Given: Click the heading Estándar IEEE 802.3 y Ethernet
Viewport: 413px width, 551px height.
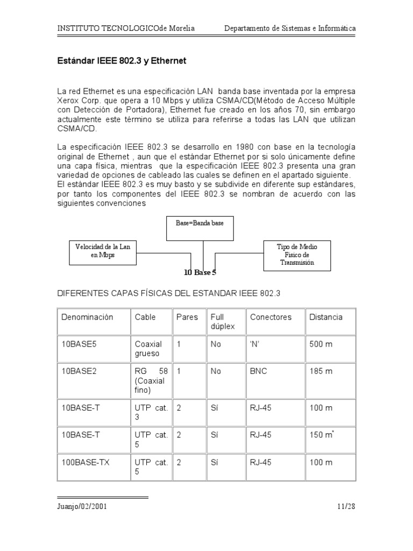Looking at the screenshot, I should [122, 61].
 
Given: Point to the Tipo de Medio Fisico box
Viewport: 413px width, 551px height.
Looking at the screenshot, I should [297, 255].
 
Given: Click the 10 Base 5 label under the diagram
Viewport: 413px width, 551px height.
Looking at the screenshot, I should [200, 273].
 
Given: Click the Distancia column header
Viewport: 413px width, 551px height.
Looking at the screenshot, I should [326, 317].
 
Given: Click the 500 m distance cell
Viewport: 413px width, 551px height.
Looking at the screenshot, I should [321, 344].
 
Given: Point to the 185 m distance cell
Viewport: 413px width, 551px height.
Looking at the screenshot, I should [321, 371].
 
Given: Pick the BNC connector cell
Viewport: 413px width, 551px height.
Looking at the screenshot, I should [258, 371].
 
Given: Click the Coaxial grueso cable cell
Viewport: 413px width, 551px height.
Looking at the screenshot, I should [148, 349].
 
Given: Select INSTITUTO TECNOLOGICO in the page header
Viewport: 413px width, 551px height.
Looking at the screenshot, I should [108, 29].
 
